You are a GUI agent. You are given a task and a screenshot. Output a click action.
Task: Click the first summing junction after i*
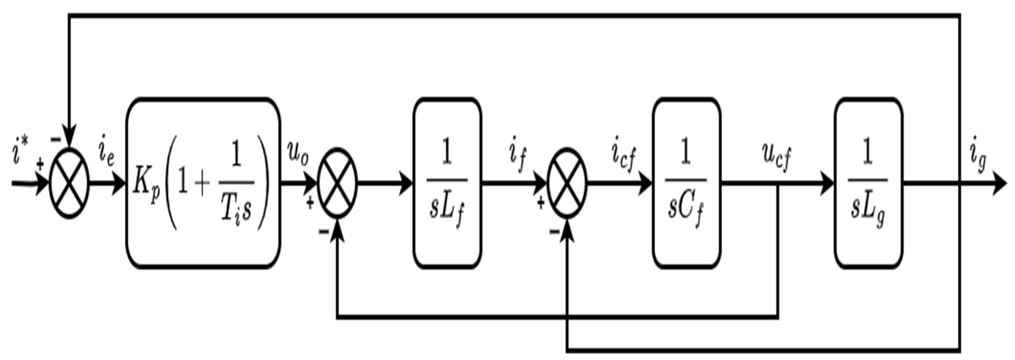click(x=69, y=183)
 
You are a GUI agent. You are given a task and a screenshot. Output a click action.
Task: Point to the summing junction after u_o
click(x=337, y=183)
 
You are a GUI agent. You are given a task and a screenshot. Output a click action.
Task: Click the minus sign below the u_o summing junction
click(x=324, y=231)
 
